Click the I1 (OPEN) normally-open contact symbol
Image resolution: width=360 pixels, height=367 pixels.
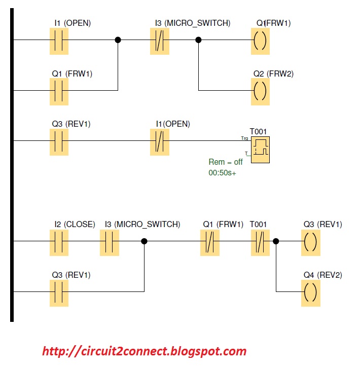59,40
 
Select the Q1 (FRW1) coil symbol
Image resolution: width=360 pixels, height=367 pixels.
261,40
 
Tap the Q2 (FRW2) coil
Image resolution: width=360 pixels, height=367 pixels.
261,91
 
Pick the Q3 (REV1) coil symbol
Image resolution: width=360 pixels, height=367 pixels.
310,242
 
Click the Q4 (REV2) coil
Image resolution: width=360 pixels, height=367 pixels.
310,292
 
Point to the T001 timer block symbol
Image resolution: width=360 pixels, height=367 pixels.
261,149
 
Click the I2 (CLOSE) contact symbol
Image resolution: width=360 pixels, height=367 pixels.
59,242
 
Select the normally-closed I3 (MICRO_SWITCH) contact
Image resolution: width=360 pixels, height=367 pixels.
160,40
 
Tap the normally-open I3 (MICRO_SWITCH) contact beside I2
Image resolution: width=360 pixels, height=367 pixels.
109,242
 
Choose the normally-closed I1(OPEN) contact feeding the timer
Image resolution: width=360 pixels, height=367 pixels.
160,141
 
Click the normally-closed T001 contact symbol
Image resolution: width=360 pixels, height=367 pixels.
260,242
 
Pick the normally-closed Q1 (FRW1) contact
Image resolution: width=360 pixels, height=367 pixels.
210,242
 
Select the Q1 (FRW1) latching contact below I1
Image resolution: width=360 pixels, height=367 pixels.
59,91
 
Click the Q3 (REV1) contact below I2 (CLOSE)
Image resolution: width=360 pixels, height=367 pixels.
59,292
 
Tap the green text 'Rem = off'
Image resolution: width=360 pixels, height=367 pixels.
226,162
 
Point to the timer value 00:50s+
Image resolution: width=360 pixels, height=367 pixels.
223,173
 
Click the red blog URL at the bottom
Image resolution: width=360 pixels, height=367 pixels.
145,351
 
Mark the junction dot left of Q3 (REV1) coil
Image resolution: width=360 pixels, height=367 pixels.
276,242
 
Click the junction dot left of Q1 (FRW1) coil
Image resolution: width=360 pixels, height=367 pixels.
198,40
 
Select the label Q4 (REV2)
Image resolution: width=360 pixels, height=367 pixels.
322,275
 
